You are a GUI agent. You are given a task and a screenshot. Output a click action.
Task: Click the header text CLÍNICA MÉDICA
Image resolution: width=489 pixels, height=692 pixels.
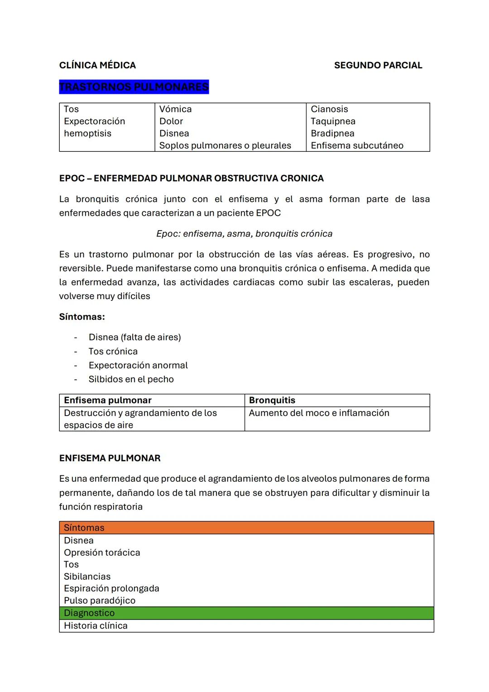pos(97,65)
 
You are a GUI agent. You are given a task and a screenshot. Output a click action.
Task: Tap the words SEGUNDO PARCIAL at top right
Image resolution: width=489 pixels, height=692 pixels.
pos(378,65)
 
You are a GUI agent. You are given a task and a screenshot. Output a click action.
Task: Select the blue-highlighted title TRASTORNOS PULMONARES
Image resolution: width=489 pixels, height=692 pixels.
pos(134,87)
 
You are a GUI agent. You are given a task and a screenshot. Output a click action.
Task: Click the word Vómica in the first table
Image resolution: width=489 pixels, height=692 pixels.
pos(175,109)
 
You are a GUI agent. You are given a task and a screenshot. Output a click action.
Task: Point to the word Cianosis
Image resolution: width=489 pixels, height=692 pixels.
pos(329,109)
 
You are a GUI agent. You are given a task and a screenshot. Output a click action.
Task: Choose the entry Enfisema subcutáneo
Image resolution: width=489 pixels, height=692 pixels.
pos(357,145)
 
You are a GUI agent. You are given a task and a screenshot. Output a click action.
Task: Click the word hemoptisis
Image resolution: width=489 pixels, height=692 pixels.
pos(87,134)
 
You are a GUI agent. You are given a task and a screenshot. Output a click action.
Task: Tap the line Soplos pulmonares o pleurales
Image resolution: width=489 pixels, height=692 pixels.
pos(225,145)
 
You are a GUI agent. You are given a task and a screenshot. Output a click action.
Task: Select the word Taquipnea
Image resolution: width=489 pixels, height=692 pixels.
pos(333,121)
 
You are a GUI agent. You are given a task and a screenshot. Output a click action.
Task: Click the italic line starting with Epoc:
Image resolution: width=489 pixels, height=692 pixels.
pos(244,234)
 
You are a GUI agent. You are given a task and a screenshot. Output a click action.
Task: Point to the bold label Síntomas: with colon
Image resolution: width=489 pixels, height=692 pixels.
pos(82,317)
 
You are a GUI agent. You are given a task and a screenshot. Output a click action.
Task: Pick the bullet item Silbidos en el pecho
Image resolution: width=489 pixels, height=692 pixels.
pos(131,379)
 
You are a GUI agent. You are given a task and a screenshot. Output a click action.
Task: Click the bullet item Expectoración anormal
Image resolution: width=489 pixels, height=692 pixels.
pos(138,365)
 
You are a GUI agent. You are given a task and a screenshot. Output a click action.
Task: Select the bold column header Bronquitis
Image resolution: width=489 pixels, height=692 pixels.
pos(272,400)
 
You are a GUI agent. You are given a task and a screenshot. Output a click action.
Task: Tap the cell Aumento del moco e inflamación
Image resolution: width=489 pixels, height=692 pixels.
pos(319,413)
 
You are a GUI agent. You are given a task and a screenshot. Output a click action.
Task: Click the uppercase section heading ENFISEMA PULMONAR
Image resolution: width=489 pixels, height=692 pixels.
pos(110,458)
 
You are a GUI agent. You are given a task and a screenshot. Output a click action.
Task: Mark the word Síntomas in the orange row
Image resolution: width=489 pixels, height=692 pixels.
pos(84,528)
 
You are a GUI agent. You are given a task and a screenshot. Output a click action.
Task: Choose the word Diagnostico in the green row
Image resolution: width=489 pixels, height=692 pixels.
pos(89,613)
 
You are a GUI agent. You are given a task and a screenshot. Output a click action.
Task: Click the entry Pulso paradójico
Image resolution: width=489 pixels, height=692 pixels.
pos(100,600)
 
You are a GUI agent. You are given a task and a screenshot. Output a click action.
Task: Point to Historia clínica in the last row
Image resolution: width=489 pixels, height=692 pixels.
pos(96,626)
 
